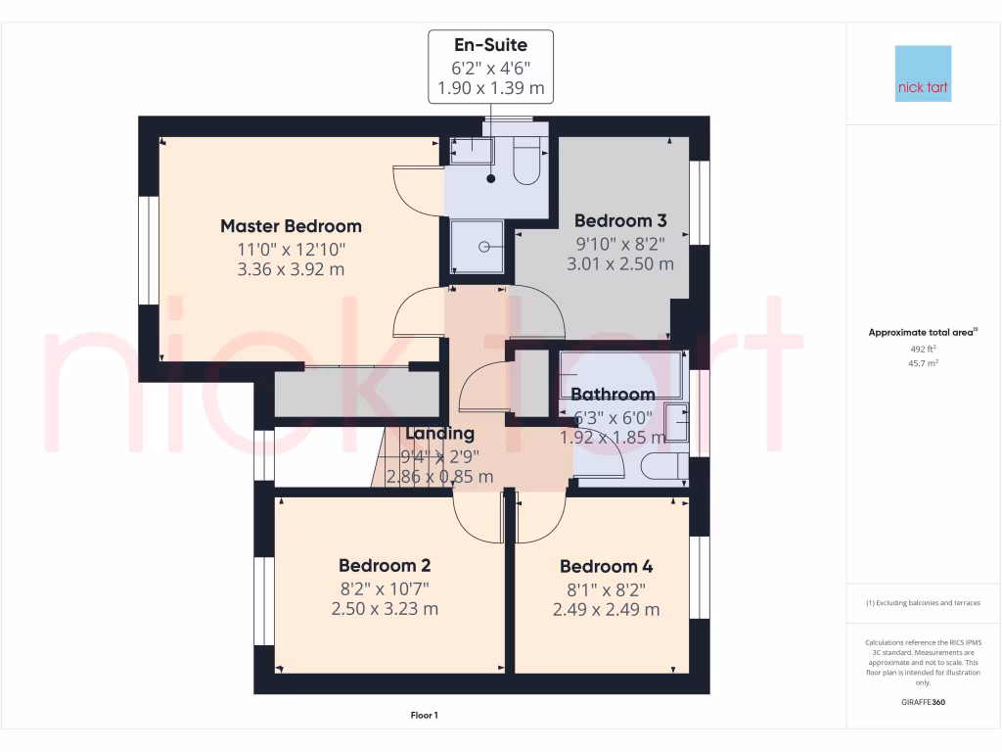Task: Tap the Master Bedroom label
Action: (x=291, y=226)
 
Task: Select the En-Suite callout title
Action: (x=490, y=45)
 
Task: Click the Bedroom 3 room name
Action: (x=619, y=220)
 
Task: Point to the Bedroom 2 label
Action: (x=385, y=565)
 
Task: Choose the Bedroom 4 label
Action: (x=606, y=566)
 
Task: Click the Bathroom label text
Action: (x=613, y=395)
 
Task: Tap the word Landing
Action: (x=439, y=433)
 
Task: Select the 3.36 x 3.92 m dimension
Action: (x=291, y=269)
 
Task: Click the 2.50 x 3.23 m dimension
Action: (x=385, y=608)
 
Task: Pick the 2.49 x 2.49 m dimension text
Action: (x=606, y=609)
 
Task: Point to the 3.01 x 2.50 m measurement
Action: (x=619, y=263)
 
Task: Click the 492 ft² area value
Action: (x=924, y=349)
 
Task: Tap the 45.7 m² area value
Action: (x=924, y=363)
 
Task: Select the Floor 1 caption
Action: (x=424, y=716)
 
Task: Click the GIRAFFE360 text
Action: (x=924, y=702)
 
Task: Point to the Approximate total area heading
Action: (x=923, y=333)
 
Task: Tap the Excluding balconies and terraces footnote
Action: (x=924, y=603)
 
